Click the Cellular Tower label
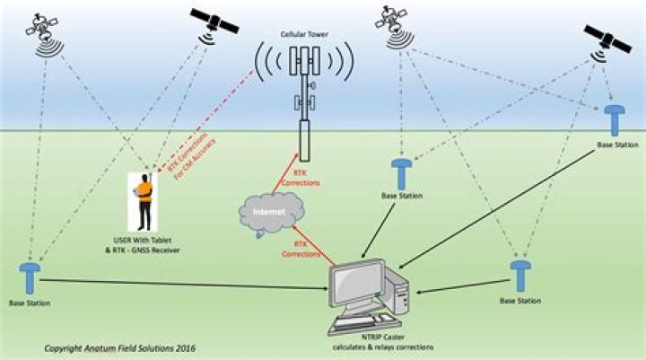click(x=304, y=35)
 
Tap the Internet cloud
click(x=271, y=213)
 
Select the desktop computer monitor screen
click(x=357, y=283)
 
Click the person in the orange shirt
click(x=144, y=202)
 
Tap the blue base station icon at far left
click(x=30, y=279)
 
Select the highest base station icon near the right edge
click(x=615, y=120)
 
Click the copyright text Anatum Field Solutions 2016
click(x=120, y=348)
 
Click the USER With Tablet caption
click(x=143, y=240)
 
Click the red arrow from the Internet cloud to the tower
click(x=285, y=173)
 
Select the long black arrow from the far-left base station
click(x=184, y=285)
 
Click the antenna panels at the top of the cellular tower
click(x=304, y=61)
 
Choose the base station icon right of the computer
click(x=520, y=277)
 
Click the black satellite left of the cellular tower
click(x=214, y=22)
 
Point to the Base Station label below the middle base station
click(x=402, y=196)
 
